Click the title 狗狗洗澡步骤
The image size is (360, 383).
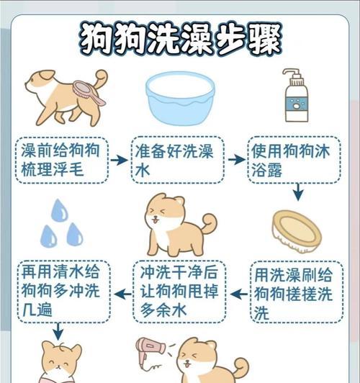[180, 37]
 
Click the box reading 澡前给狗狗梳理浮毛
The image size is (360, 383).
[63, 161]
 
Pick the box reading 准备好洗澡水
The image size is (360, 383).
[179, 161]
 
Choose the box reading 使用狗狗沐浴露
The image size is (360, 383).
[294, 161]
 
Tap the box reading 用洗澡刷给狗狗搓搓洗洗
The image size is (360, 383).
[294, 293]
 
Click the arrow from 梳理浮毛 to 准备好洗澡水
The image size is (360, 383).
[120, 160]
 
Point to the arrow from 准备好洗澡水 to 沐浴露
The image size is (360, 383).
[236, 160]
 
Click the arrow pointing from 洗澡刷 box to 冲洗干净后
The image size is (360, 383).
[237, 294]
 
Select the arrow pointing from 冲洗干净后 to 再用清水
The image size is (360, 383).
[122, 294]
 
